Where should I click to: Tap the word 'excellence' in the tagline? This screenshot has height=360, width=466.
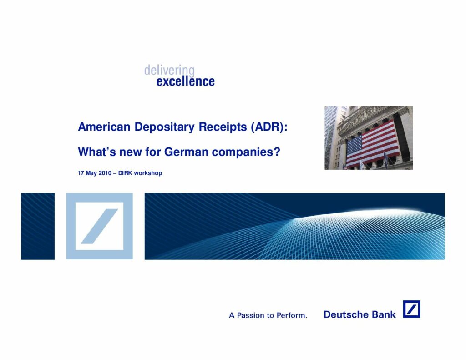[186, 81]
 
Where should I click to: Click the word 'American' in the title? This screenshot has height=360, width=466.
[104, 127]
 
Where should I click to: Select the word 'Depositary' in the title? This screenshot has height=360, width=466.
[165, 127]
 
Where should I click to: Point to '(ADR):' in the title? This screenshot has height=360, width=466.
[269, 127]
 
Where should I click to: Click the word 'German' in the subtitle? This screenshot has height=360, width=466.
[186, 152]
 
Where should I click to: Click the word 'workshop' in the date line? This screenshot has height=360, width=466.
[148, 173]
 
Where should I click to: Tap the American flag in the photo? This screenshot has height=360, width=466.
[373, 143]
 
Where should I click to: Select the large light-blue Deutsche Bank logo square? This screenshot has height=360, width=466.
[99, 226]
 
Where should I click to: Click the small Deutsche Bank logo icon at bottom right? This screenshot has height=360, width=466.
[411, 309]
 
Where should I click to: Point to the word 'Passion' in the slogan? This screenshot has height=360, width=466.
[250, 315]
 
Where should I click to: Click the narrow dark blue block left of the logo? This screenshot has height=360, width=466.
[38, 226]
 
